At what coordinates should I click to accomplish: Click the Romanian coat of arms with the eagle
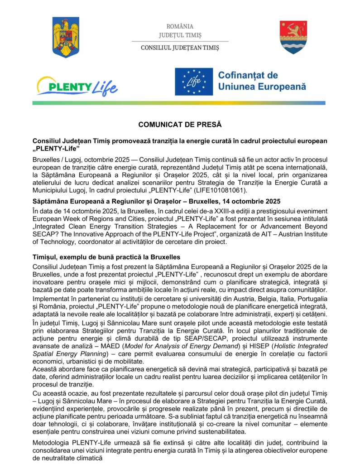[66, 37]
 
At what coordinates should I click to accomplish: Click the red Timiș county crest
[293, 37]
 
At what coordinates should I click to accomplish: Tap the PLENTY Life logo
[77, 87]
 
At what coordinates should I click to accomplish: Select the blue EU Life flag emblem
[194, 82]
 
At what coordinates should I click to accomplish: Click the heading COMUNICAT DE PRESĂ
[180, 124]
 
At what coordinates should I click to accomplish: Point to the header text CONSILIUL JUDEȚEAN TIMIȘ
[180, 48]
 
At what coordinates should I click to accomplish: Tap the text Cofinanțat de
[248, 75]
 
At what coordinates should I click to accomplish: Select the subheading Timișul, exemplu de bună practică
[106, 257]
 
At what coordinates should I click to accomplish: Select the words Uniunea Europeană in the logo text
[262, 87]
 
